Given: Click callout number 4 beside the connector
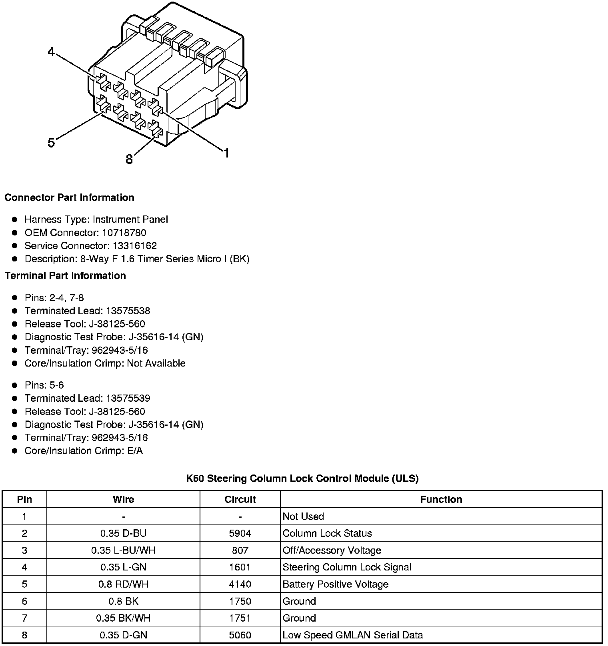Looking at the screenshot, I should click(51, 52).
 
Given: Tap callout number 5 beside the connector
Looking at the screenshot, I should click(51, 142).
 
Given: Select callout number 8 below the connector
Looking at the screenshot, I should click(129, 160).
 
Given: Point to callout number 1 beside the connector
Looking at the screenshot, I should click(226, 153).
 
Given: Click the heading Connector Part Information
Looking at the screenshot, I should click(69, 197).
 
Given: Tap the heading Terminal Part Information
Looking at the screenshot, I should click(65, 275).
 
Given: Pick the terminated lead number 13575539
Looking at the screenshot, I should click(128, 398).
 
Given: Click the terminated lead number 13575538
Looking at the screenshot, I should click(128, 311).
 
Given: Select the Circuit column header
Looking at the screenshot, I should click(240, 499).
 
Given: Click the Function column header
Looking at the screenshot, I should click(441, 499).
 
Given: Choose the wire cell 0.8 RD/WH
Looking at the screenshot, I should click(123, 584).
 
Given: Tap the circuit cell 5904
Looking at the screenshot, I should click(240, 533).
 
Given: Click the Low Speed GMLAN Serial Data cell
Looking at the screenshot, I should click(352, 635).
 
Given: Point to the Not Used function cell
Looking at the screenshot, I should click(303, 516).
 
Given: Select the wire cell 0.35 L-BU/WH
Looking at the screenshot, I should click(123, 550).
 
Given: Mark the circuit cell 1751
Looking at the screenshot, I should click(240, 618).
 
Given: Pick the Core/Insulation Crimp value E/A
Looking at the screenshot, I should click(134, 451).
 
